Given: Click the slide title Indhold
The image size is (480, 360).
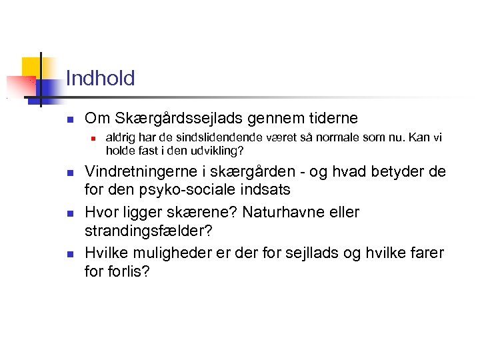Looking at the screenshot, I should (100, 79).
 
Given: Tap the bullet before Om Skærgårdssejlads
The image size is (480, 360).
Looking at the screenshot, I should (69, 120).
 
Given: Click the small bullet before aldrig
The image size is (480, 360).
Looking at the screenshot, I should (95, 139).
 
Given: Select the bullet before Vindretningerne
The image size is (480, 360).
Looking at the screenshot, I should (69, 173).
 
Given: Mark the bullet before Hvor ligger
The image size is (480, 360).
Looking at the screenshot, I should (69, 213).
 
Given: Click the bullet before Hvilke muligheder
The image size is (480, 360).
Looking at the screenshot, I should (69, 254).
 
